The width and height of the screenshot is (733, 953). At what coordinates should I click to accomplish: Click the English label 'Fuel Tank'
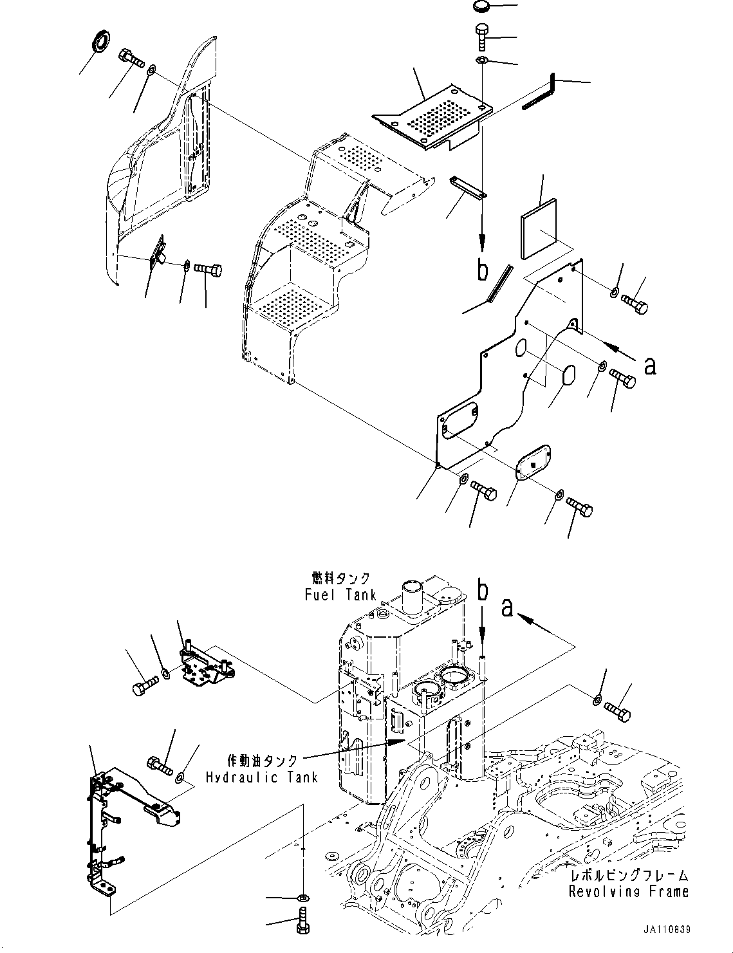(x=340, y=595)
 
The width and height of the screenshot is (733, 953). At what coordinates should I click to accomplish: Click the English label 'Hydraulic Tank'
(x=262, y=777)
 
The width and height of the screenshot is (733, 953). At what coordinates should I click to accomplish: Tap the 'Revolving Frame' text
(x=628, y=891)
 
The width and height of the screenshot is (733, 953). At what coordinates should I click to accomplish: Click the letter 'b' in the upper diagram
(x=482, y=271)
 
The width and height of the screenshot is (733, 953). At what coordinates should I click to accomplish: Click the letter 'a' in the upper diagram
(x=650, y=365)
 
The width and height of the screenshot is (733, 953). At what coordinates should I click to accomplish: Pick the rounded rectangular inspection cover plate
(x=534, y=460)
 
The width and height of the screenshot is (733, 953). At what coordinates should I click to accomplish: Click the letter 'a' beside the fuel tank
(x=508, y=607)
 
